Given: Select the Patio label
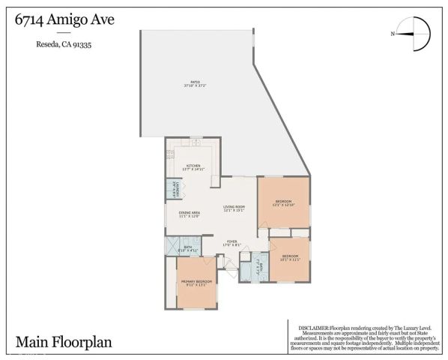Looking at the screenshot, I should tap(195, 82).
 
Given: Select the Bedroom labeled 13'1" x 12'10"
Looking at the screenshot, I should tap(283, 202).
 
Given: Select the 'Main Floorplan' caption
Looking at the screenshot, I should tap(63, 342).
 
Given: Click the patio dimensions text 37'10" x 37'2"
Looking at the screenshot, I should tap(195, 86).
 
